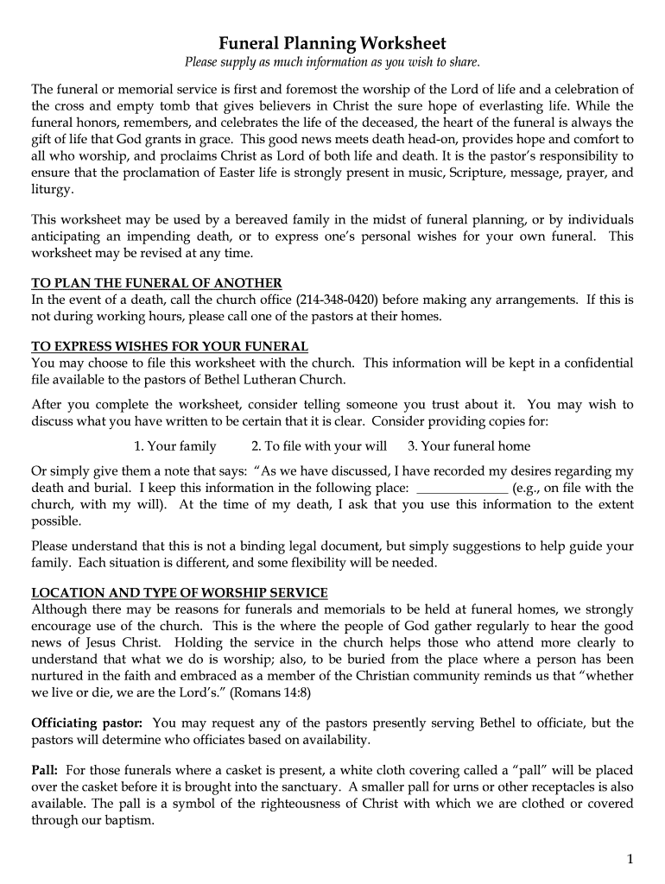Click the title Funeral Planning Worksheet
(332, 42)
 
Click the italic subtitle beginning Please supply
(332, 62)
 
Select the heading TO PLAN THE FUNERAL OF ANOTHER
(156, 283)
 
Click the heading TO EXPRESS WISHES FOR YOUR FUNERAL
(169, 346)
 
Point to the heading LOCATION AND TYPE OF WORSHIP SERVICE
(180, 592)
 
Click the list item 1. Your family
(175, 446)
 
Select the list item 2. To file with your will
(319, 446)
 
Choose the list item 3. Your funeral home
(469, 446)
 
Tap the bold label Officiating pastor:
(88, 723)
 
